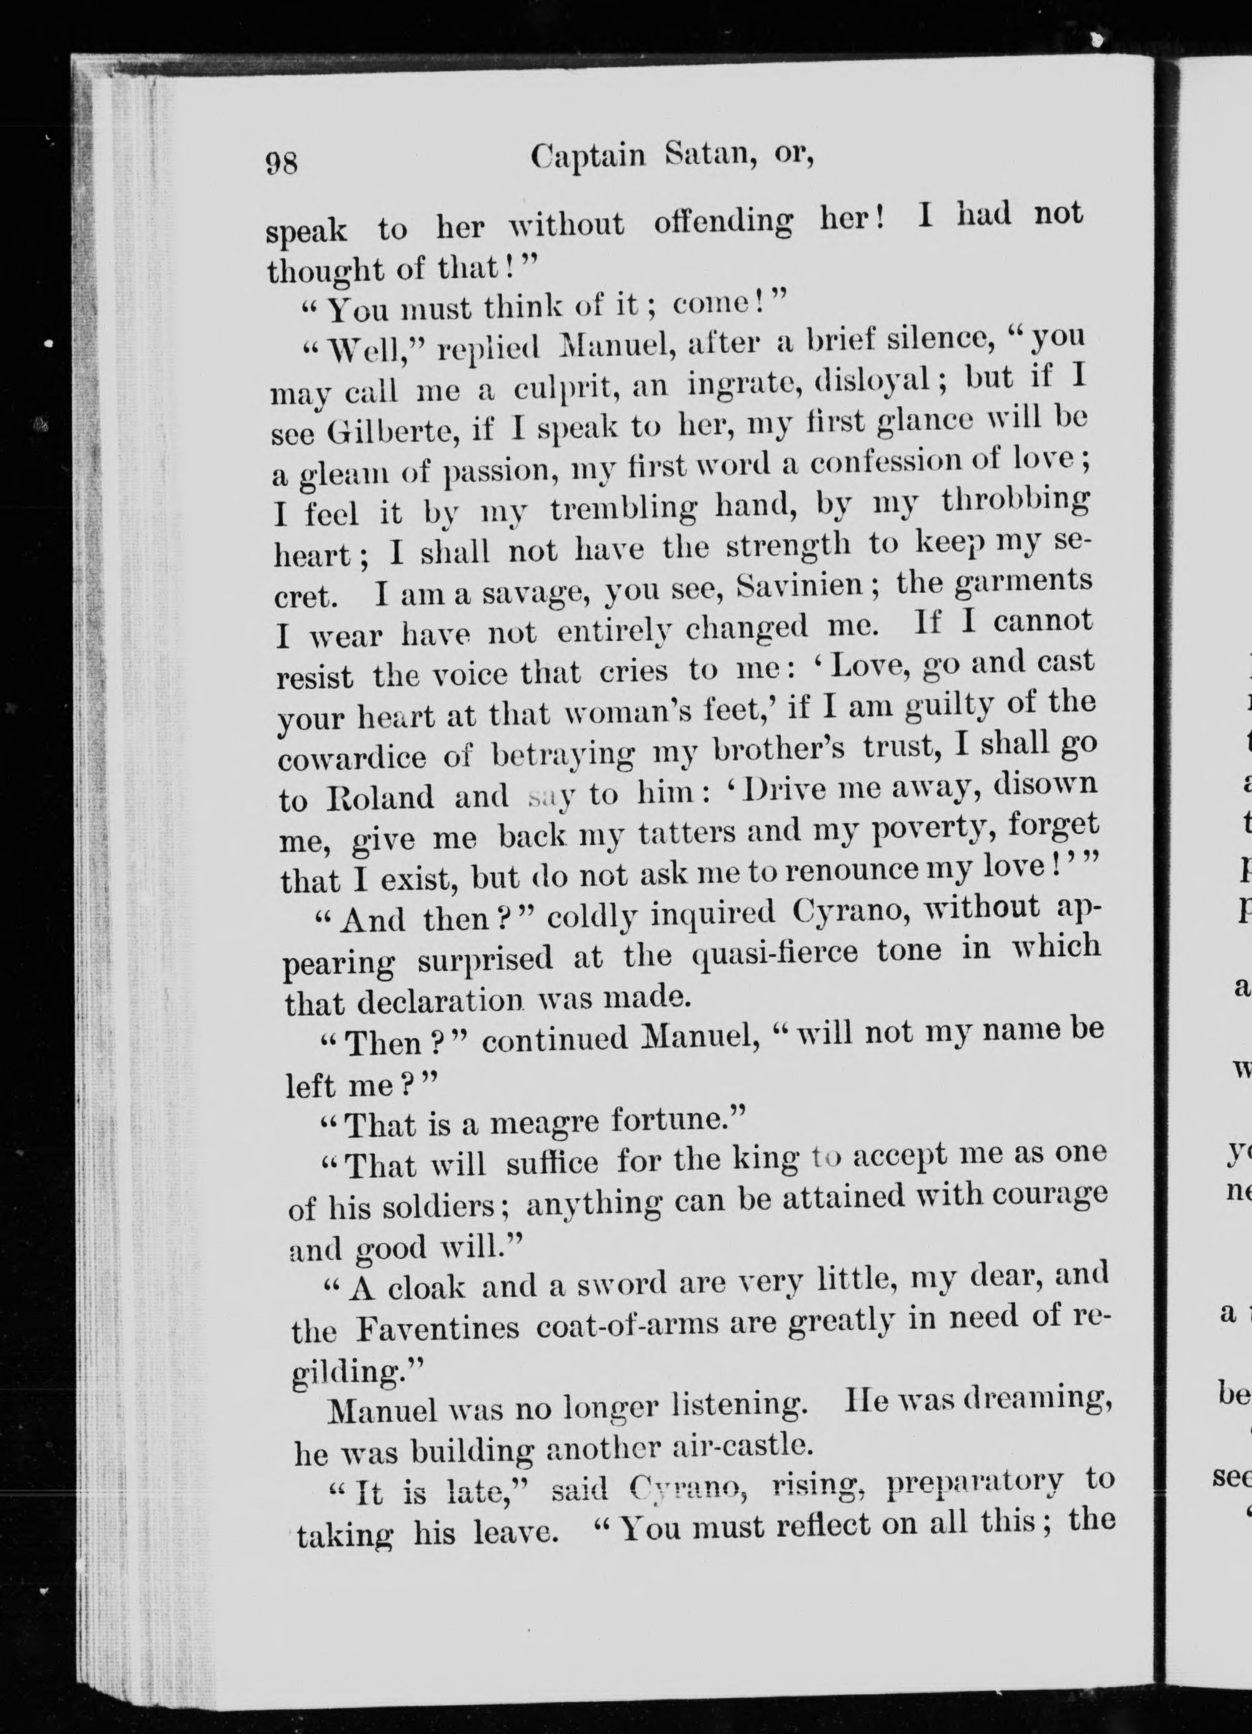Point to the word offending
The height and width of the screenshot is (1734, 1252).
723,223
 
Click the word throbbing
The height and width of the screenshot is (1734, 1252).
1015,502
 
